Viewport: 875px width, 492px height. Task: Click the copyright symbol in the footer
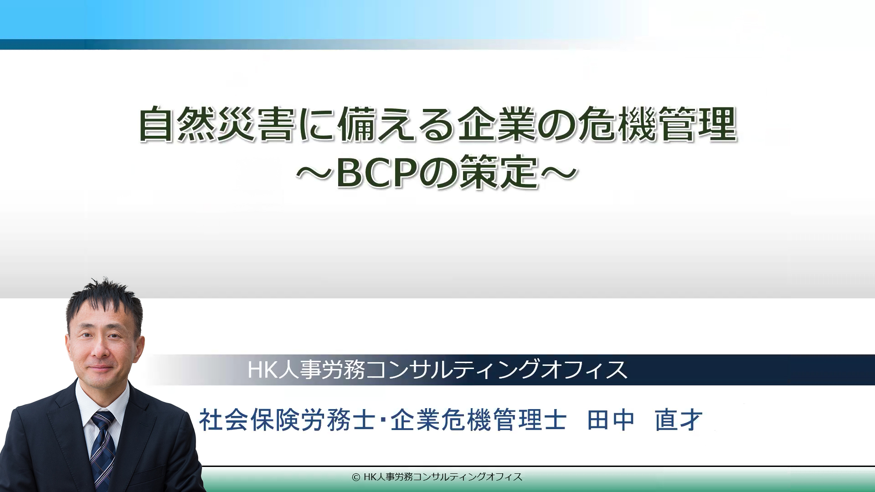pyautogui.click(x=356, y=477)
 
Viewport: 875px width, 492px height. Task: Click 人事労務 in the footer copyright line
pyautogui.click(x=395, y=477)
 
